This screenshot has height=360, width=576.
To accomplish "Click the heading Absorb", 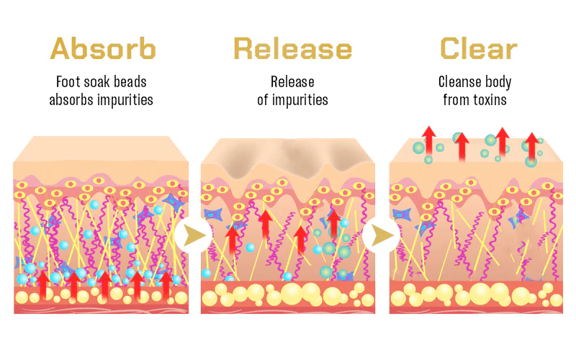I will pos(102,48).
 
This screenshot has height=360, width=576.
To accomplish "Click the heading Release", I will pos(292,48).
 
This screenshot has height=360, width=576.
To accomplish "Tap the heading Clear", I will pos(478,48).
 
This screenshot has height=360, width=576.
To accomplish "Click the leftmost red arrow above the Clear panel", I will pos(429,138).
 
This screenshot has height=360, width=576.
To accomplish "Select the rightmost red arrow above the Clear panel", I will pos(531,146).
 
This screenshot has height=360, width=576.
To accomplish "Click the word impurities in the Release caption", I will pos(301,99).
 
